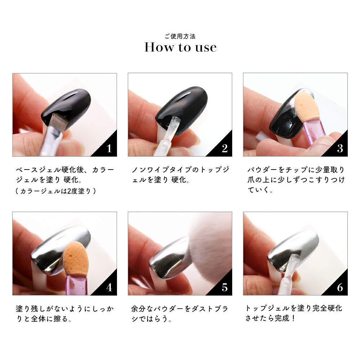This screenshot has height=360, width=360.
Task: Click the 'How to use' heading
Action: click(x=180, y=48)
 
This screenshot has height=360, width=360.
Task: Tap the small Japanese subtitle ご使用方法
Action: click(x=180, y=36)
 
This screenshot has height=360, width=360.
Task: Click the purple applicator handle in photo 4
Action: click(x=76, y=285)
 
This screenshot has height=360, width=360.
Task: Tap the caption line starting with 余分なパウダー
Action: click(x=180, y=309)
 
